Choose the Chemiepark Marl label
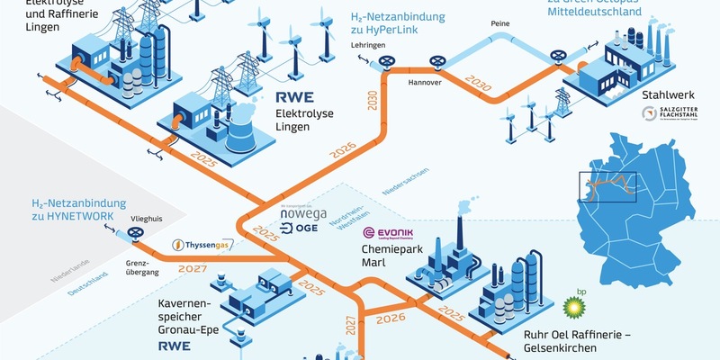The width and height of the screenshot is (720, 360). click(368, 255)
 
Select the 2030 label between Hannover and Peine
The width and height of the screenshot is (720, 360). click(480, 84)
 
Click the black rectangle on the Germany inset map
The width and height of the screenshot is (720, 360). click(607, 187)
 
